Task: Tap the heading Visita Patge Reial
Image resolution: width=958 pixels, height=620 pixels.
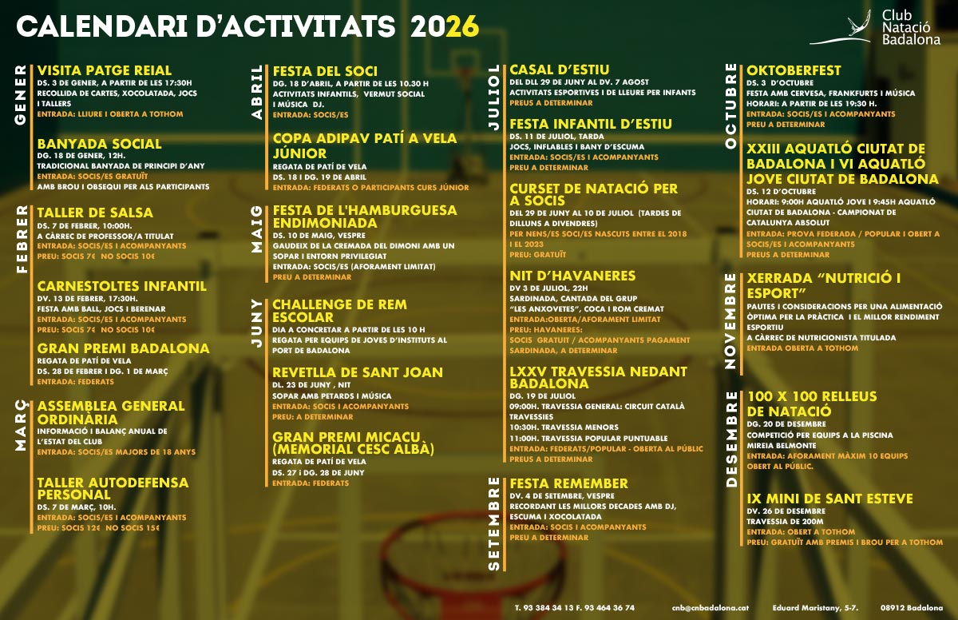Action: click(x=105, y=71)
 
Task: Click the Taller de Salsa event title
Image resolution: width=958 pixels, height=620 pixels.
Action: click(x=95, y=213)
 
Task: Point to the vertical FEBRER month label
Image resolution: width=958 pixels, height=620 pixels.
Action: click(x=21, y=239)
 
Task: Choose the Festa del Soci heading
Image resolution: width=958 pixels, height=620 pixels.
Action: click(x=325, y=71)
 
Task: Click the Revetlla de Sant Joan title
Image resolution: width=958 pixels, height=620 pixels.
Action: click(x=358, y=372)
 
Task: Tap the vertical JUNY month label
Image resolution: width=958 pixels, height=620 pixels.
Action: click(x=256, y=324)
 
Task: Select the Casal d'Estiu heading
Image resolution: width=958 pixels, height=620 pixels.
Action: click(x=559, y=70)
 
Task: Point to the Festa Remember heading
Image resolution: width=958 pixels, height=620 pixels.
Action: click(x=568, y=483)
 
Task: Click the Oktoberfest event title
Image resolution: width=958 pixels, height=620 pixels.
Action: click(x=794, y=70)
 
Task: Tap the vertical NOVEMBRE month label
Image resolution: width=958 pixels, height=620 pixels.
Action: click(x=730, y=320)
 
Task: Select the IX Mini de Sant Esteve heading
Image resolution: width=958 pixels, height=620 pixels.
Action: click(x=829, y=499)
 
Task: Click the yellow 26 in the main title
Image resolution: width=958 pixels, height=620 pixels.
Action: click(x=463, y=27)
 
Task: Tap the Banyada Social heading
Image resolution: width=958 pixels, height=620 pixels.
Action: click(x=99, y=144)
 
